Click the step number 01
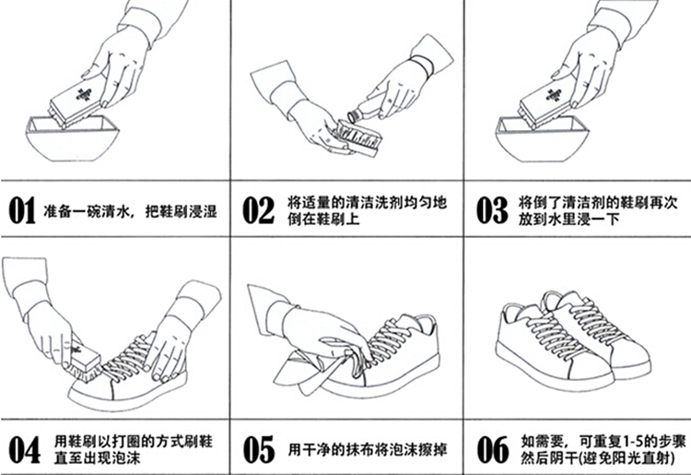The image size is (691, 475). tap(22, 210)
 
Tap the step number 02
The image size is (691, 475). tap(258, 210)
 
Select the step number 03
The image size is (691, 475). tap(492, 210)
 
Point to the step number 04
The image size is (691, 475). tap(25, 449)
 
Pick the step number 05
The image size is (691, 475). tap(258, 449)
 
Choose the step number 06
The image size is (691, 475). tap(492, 449)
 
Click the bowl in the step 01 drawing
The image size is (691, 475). tap(72, 139)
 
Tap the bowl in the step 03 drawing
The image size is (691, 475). tap(542, 139)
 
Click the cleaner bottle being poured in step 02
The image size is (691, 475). tap(367, 111)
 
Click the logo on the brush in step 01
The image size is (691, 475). tap(82, 94)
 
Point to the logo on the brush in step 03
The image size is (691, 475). tap(553, 94)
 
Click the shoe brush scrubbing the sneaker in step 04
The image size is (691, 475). tap(85, 360)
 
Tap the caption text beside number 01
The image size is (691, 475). tap(130, 211)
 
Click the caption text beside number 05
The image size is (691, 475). tap(368, 450)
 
